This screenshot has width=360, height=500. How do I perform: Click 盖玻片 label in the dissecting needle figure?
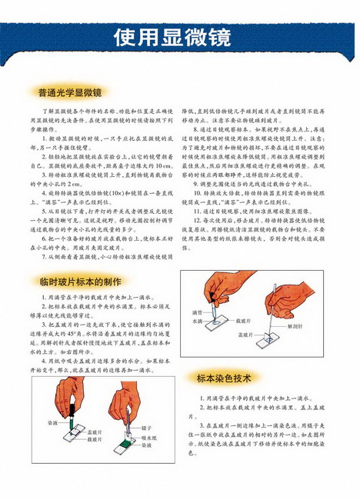[x=245, y=335]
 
